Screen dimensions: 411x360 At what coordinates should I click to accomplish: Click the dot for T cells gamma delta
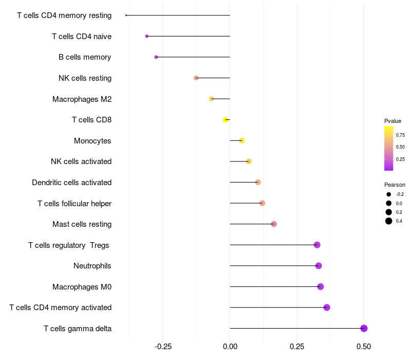point(364,328)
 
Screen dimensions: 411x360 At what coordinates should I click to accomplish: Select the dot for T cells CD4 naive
point(147,36)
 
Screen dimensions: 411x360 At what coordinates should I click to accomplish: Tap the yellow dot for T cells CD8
point(226,120)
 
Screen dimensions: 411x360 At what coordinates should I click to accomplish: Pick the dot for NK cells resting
point(196,78)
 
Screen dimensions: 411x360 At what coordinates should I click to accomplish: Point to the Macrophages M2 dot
point(211,99)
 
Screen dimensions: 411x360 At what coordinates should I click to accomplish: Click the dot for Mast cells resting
point(274,224)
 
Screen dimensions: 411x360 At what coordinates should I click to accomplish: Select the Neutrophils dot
point(319,266)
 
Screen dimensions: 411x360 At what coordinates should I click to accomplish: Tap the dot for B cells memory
point(156,57)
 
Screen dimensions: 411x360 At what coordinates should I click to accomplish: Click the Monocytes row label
point(92,140)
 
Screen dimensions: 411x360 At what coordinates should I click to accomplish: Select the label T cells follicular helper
point(74,203)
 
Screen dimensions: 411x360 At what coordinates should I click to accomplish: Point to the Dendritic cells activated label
point(72,183)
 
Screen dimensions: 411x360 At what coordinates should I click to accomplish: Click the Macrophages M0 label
point(82,287)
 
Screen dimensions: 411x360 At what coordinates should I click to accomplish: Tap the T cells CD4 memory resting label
point(64,15)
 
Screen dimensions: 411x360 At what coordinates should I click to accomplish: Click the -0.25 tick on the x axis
point(163,347)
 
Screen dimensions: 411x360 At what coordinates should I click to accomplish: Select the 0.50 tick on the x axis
point(364,347)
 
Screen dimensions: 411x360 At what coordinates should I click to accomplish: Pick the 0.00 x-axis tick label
point(230,347)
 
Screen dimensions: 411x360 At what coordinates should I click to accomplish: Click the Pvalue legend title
point(393,121)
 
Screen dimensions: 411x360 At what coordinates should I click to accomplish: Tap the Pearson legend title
point(395,185)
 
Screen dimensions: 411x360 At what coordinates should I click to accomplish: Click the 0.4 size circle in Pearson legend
point(389,221)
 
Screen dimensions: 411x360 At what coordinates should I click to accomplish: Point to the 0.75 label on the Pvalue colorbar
point(400,135)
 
